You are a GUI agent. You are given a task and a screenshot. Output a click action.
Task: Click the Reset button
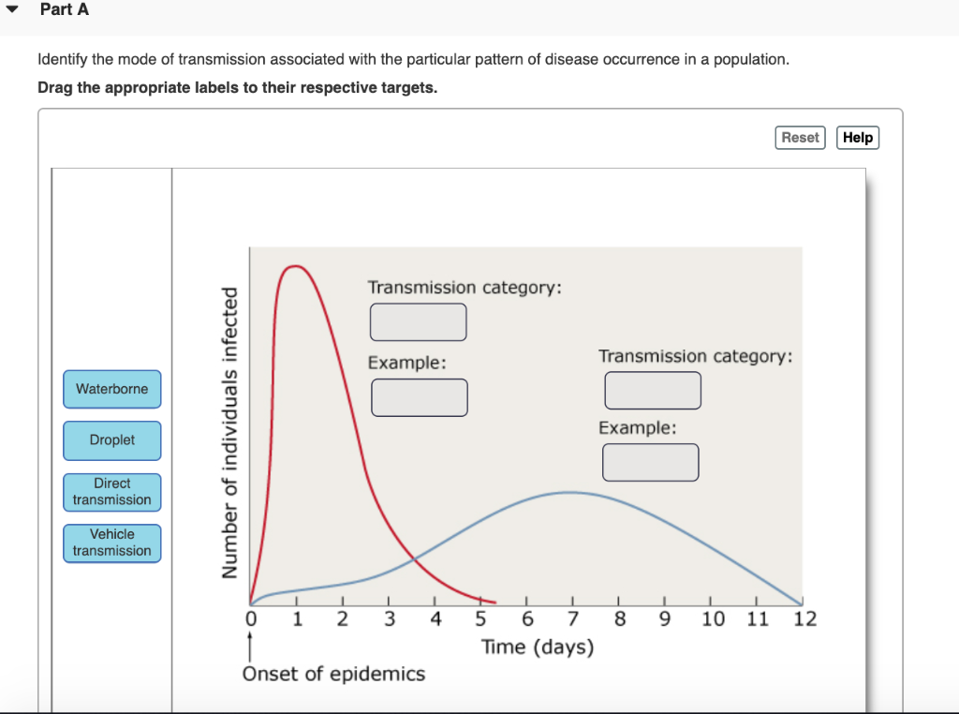[800, 138]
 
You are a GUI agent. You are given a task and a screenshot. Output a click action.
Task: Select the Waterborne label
[112, 389]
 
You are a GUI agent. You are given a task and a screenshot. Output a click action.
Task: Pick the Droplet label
[112, 440]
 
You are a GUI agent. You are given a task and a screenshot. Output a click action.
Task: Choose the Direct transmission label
[112, 492]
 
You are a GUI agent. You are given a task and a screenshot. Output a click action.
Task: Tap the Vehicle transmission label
[112, 543]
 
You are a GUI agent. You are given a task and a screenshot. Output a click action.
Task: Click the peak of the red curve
[296, 266]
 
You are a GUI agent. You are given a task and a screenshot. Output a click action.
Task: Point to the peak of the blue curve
[569, 492]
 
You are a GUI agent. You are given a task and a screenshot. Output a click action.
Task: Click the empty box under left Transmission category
[418, 322]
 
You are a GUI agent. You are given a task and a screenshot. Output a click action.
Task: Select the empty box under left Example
[419, 397]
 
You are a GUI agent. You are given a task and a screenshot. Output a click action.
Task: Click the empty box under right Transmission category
[652, 391]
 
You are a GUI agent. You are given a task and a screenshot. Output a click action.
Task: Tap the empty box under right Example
[650, 462]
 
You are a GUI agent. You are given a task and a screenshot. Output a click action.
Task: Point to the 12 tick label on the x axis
[804, 619]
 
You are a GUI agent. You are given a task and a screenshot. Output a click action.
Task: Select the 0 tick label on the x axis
[250, 619]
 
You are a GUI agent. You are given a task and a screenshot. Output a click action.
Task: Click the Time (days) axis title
[538, 647]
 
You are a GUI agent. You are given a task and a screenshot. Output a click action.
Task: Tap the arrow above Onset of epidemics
[250, 647]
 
